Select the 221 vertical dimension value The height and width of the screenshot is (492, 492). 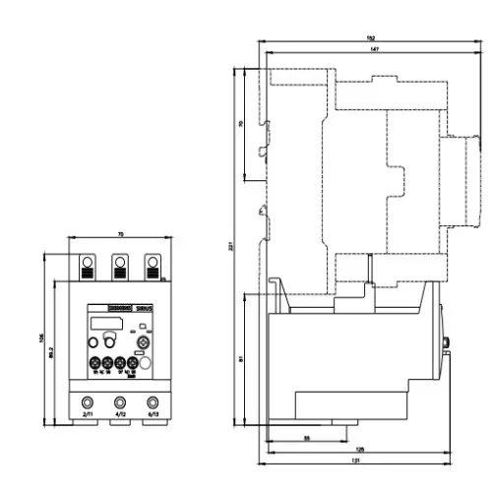pyautogui.click(x=232, y=246)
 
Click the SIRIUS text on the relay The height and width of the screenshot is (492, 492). pyautogui.click(x=142, y=308)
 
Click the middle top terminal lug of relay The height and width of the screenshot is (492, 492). pyautogui.click(x=120, y=263)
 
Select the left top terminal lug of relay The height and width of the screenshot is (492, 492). pyautogui.click(x=88, y=263)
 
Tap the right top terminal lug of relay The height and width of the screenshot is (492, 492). pyautogui.click(x=152, y=263)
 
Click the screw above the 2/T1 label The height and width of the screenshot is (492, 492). pyautogui.click(x=88, y=401)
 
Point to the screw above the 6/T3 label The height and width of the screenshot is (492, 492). pyautogui.click(x=152, y=401)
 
